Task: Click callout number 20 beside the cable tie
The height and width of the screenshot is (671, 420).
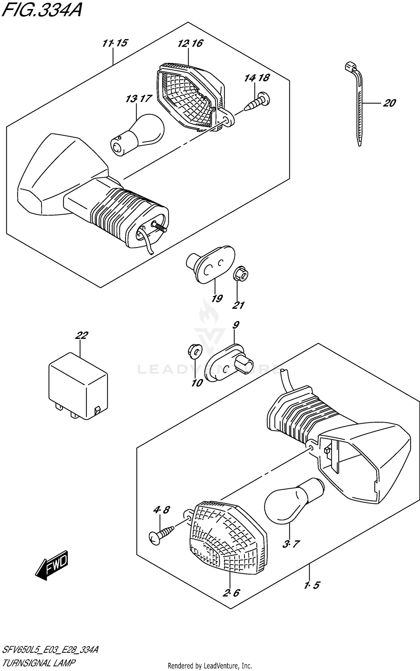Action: pos(389,103)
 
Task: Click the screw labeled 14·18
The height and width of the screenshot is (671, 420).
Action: pos(258,102)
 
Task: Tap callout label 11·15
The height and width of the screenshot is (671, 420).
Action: pos(115,43)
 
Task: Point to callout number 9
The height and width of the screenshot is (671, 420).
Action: pos(235,325)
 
